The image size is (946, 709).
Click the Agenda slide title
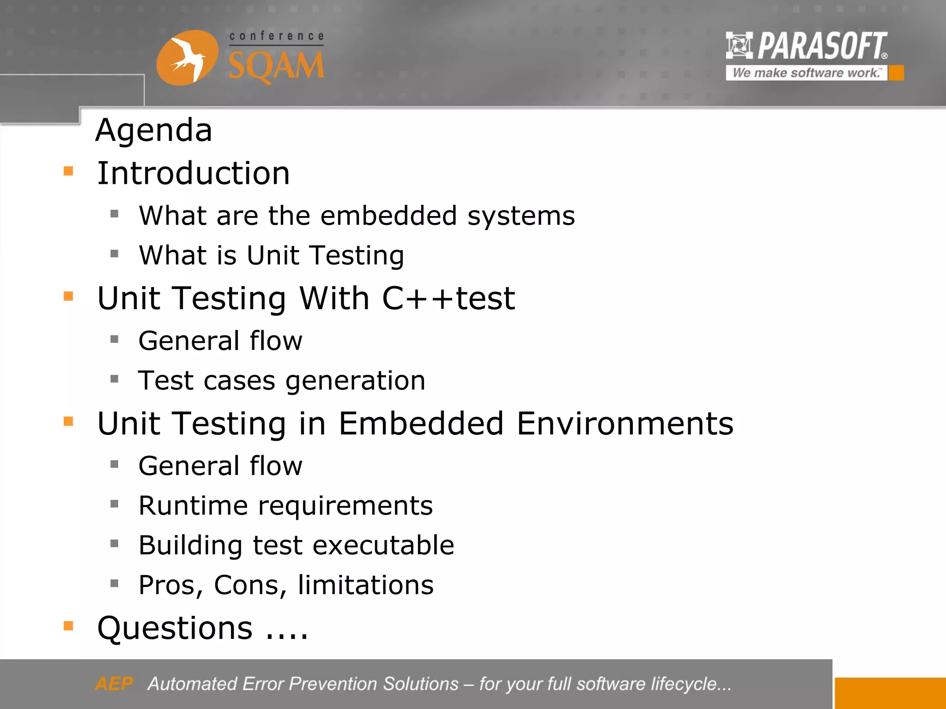[x=154, y=130]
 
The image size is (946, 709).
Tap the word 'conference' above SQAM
[x=277, y=36]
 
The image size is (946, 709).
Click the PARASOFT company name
[x=822, y=46]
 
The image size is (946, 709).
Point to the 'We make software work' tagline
[x=806, y=73]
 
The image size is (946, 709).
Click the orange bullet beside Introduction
[x=68, y=171]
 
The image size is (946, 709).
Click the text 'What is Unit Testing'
[x=272, y=255]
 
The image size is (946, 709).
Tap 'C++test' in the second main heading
[x=448, y=298]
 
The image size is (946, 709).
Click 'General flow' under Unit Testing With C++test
[x=220, y=341]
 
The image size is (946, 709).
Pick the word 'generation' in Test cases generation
[x=355, y=381]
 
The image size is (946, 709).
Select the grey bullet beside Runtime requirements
[x=115, y=504]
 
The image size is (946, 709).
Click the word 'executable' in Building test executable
[x=383, y=545]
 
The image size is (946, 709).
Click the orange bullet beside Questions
[x=68, y=626]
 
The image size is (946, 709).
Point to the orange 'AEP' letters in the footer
[x=114, y=684]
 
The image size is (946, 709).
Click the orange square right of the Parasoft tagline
[x=896, y=73]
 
